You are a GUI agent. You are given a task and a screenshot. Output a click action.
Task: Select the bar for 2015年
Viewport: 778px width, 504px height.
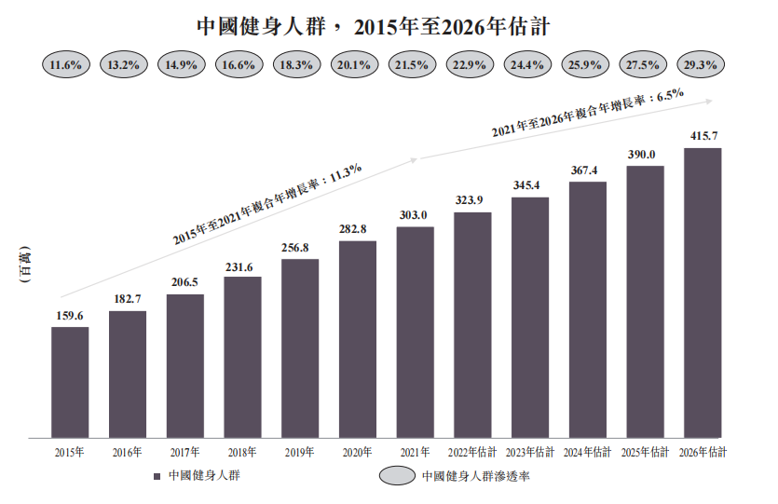tap(70, 382)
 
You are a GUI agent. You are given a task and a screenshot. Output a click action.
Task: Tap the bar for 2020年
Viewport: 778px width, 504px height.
tap(358, 340)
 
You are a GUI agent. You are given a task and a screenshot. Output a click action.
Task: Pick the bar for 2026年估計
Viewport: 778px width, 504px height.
tap(703, 293)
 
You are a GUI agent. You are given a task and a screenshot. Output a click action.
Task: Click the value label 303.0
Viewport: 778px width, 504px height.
tap(415, 216)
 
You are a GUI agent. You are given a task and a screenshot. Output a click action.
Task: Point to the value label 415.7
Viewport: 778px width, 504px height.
tap(703, 137)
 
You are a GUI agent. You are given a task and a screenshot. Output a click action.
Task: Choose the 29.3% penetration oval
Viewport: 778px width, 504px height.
tap(700, 65)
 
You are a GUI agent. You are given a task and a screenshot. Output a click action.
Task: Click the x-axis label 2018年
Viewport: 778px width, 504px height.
tap(242, 453)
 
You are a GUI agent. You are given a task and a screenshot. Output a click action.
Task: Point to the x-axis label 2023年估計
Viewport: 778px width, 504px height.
tap(530, 453)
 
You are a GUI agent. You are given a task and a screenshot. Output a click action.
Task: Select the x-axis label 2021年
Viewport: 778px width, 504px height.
tap(415, 453)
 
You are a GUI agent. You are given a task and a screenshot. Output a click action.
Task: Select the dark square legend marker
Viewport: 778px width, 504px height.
tap(158, 476)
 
